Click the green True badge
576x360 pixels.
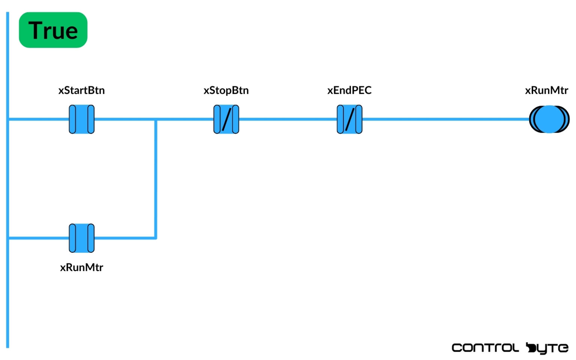53,30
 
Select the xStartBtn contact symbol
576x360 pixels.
81,119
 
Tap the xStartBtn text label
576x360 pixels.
81,90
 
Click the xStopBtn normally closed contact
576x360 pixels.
226,119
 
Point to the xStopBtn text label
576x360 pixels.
226,90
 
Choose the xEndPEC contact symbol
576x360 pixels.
349,119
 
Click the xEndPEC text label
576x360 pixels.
349,90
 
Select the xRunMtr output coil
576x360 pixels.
549,119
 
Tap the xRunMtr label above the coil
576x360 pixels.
546,90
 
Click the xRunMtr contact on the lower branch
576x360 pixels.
81,238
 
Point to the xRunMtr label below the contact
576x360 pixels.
81,267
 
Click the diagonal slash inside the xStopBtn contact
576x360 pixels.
226,119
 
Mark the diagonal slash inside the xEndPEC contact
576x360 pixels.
349,119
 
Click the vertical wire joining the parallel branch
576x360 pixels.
156,180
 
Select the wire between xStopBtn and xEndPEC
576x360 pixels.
288,119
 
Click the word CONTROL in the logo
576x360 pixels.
485,348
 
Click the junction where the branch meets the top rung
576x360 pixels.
156,120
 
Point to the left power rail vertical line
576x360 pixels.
7,292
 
